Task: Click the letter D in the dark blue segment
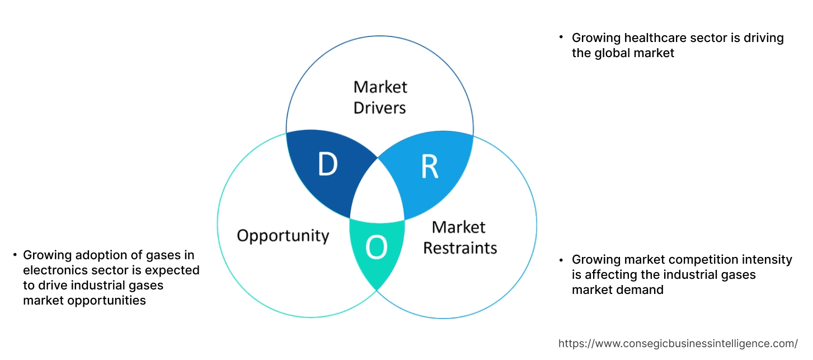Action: (328, 164)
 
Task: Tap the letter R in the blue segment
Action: (429, 166)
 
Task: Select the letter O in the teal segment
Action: (377, 249)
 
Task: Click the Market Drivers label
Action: (380, 97)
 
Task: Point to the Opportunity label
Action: (283, 235)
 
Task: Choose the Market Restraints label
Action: (459, 237)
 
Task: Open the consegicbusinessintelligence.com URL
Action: (678, 343)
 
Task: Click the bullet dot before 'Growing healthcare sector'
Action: (561, 37)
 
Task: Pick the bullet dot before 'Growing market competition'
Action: (561, 259)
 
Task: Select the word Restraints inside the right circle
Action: (459, 247)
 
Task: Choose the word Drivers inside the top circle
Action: (380, 107)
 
